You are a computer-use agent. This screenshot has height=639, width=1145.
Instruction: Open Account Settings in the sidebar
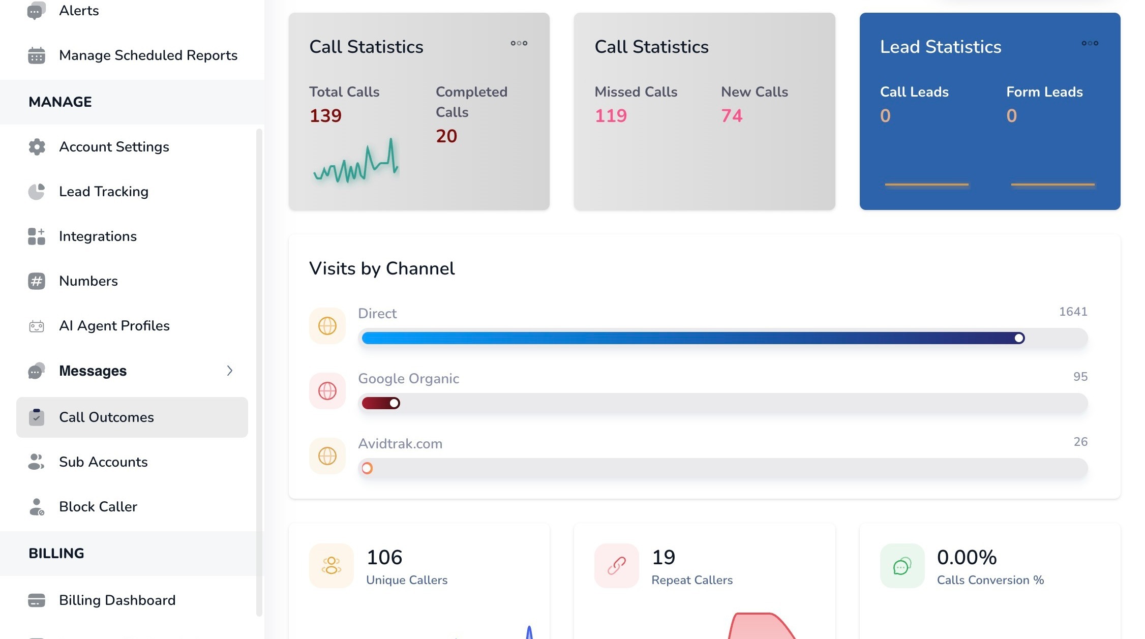(x=114, y=147)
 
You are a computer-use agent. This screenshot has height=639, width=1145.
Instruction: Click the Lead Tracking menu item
(x=104, y=192)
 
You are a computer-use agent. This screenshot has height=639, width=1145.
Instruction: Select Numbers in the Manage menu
(x=88, y=281)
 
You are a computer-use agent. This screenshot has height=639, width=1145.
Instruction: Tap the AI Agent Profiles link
(x=114, y=326)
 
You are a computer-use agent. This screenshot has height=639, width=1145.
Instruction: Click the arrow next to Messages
(x=230, y=371)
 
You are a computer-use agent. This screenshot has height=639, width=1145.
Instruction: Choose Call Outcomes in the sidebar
(x=106, y=417)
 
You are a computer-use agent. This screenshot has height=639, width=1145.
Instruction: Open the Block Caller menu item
(x=98, y=507)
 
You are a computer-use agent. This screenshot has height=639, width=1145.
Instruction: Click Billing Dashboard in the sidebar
(x=117, y=600)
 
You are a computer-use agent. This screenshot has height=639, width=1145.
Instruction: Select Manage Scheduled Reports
(x=148, y=55)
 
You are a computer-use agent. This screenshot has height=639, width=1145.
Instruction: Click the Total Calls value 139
(x=325, y=116)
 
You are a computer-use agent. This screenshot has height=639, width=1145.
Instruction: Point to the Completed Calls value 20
(x=446, y=136)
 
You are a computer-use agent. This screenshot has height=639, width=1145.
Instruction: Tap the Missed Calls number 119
(x=611, y=116)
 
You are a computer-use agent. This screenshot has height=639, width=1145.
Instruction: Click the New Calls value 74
(x=732, y=116)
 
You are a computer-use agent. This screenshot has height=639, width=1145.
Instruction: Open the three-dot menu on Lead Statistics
(x=1090, y=43)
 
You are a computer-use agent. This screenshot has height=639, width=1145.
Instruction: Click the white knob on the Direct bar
(x=1019, y=338)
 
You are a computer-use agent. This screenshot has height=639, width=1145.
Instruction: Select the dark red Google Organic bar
(x=381, y=403)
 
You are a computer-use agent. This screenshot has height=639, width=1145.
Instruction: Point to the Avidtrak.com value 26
(x=1080, y=442)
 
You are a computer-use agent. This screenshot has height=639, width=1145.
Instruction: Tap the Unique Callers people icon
(x=332, y=565)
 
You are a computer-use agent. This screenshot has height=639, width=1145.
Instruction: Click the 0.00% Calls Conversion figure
(x=967, y=557)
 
